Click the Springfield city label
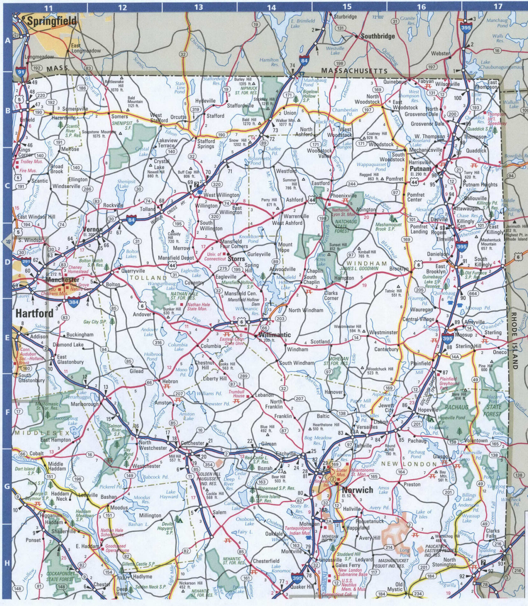pyautogui.click(x=52, y=21)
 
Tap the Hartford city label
pyautogui.click(x=34, y=313)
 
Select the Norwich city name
pyautogui.click(x=357, y=490)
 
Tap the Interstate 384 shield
pyautogui.click(x=74, y=302)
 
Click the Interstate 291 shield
pyautogui.click(x=26, y=261)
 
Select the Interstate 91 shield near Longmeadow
pyautogui.click(x=21, y=72)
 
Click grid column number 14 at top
pyautogui.click(x=271, y=7)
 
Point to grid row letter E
pyautogui.click(x=7, y=338)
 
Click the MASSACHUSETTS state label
pyautogui.click(x=354, y=71)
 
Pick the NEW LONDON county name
pyautogui.click(x=409, y=464)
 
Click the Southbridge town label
pyautogui.click(x=377, y=36)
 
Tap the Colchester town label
pyautogui.click(x=192, y=443)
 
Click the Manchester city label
pyautogui.click(x=63, y=280)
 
